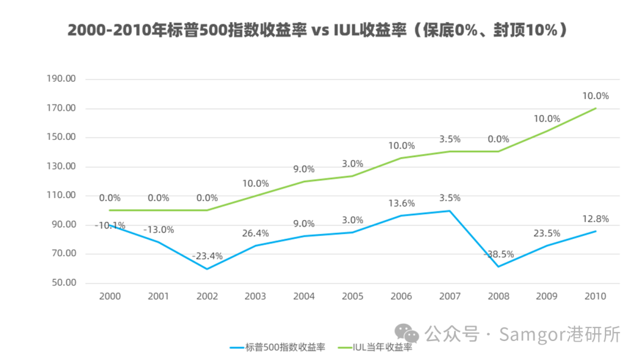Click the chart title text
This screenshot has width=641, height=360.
[318, 30]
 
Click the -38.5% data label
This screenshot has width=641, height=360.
[498, 254]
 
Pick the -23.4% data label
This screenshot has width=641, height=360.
[207, 256]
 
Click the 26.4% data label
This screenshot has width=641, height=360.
[255, 233]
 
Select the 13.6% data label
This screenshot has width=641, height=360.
[401, 203]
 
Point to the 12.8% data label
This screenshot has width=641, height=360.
[595, 219]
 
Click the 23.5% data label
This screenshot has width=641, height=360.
[547, 233]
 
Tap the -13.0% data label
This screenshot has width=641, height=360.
[158, 230]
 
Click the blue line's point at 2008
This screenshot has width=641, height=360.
[499, 266]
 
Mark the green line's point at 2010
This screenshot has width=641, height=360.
[595, 109]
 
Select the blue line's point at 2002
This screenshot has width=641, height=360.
[207, 269]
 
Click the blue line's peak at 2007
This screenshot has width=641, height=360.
[450, 211]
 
